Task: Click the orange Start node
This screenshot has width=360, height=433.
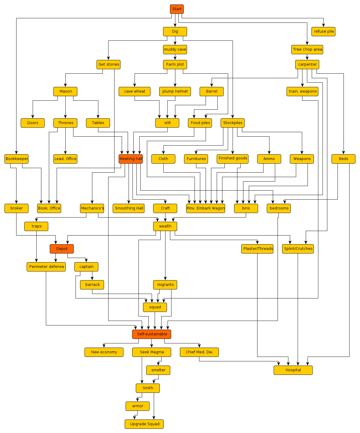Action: [x=177, y=9]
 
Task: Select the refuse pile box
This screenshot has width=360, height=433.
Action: [x=323, y=31]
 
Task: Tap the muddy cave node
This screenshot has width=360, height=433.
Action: [x=175, y=49]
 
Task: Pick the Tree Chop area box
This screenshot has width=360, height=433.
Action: [x=307, y=49]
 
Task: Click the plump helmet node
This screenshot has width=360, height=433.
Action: [x=175, y=91]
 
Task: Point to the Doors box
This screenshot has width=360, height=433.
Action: [x=33, y=123]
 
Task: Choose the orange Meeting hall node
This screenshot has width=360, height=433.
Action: [x=131, y=159]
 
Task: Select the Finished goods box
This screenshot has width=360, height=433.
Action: [x=233, y=159]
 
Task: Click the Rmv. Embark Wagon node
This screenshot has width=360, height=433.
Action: [x=206, y=208]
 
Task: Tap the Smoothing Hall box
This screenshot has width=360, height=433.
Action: [x=129, y=208]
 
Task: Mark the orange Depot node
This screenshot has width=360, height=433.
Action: [x=62, y=249]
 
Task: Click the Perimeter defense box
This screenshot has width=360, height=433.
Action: [x=46, y=267]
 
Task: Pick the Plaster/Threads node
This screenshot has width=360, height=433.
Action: [x=257, y=249]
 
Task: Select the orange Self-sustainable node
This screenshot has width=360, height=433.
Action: [x=152, y=334]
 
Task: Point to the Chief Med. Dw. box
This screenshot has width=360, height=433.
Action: [x=199, y=352]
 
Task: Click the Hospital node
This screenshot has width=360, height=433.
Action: [x=293, y=370]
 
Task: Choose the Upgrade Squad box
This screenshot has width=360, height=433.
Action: [x=144, y=424]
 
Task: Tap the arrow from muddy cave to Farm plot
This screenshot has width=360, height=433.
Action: [x=175, y=57]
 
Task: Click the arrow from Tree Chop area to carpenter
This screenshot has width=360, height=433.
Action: [x=307, y=57]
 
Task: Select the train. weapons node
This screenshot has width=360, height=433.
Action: [x=302, y=91]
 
